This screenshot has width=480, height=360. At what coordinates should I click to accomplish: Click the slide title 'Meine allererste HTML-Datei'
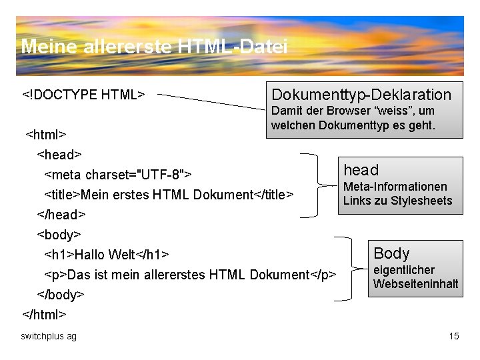(154, 47)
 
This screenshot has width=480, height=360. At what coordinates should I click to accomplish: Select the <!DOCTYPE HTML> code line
(83, 94)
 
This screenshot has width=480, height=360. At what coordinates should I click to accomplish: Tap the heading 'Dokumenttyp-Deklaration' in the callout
(361, 94)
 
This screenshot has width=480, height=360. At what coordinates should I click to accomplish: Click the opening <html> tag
(45, 135)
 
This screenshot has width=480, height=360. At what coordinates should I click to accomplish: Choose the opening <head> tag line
(59, 155)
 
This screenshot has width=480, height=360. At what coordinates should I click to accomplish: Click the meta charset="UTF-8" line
(118, 175)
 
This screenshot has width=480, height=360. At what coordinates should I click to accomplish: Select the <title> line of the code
(168, 195)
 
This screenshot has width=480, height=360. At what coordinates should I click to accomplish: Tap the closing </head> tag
(61, 215)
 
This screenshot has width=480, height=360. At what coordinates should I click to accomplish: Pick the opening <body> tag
(59, 235)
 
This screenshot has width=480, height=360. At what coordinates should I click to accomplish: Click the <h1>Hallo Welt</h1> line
(107, 255)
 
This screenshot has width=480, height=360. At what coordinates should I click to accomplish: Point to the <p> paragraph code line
(190, 275)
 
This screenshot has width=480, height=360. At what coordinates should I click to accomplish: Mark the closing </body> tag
(61, 294)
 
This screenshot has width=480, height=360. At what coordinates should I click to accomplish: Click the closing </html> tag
(45, 313)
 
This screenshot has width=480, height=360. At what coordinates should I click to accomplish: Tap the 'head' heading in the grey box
(361, 170)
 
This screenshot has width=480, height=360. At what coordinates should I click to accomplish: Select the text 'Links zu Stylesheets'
(397, 201)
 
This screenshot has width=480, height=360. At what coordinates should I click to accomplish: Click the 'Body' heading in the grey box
(391, 253)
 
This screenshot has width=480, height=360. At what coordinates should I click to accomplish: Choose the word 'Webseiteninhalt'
(415, 284)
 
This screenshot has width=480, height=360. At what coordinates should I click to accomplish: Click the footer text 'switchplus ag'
(49, 336)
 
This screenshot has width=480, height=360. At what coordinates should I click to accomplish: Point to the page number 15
(454, 336)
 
